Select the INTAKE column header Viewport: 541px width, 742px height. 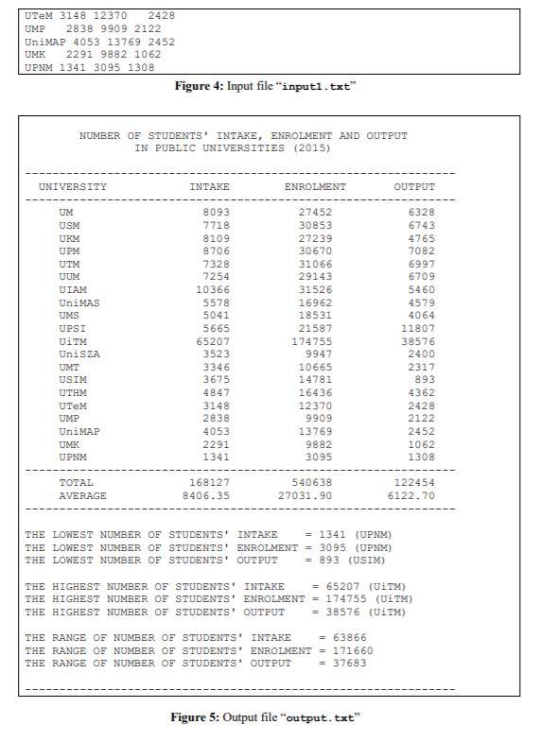point(210,187)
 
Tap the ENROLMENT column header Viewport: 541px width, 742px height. point(315,187)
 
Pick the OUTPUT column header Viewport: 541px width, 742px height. point(414,187)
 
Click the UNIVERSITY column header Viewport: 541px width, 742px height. point(73,187)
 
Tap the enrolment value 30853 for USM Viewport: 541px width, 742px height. point(316,226)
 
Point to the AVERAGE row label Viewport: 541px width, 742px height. point(83,495)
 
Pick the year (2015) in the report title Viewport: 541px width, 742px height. point(312,148)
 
